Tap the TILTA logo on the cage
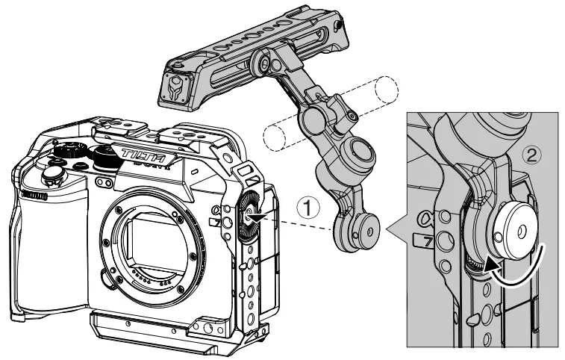[x=143, y=155]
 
